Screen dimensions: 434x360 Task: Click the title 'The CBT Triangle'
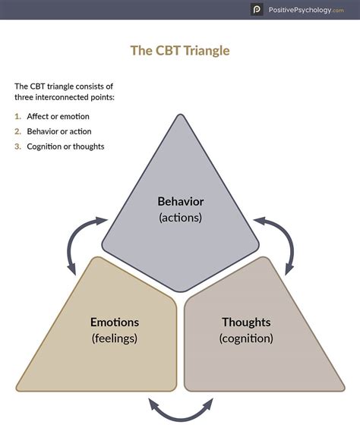coord(180,51)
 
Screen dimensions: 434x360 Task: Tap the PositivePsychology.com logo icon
coord(257,10)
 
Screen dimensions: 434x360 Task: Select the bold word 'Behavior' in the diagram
coord(180,202)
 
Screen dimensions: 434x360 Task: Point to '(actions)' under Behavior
coord(180,218)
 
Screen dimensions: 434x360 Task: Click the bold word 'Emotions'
coord(114,322)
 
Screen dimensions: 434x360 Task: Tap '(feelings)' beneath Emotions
coord(114,338)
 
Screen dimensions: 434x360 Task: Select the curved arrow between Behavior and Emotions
coord(82,241)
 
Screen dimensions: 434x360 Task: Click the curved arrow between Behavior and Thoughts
coord(278,241)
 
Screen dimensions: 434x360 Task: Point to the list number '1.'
coord(18,116)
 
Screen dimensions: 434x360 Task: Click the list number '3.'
coord(18,146)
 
